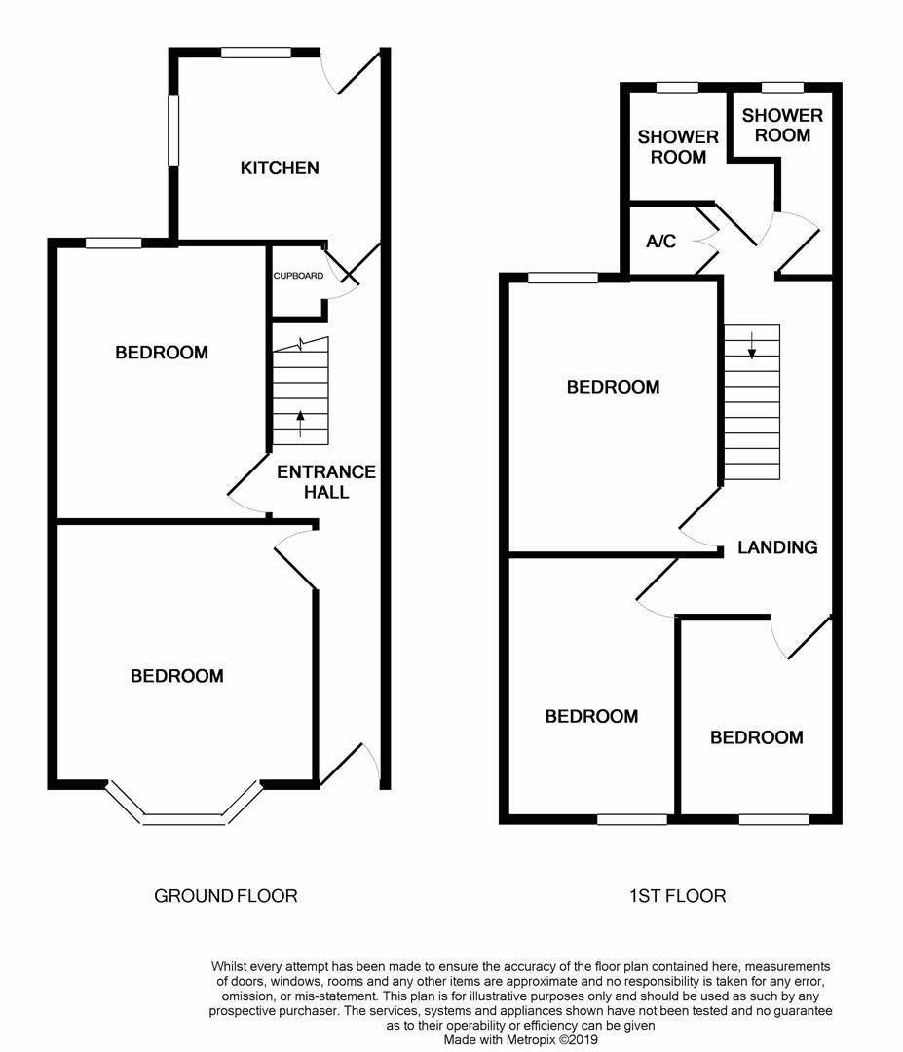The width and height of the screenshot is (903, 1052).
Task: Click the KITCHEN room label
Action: pos(280,168)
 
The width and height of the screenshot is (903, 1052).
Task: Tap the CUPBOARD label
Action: pos(298,276)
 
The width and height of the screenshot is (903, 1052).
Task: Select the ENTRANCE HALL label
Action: pos(326,482)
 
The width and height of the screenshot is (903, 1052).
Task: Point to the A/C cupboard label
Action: pos(660,242)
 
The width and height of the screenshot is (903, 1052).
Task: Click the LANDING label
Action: pos(777,547)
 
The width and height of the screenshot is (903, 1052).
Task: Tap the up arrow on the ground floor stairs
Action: pos(300,424)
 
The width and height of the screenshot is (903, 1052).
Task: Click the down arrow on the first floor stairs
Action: pos(752,345)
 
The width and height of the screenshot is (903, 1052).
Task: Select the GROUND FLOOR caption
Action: pos(225,896)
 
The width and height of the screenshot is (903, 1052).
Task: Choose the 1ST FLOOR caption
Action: pos(678,896)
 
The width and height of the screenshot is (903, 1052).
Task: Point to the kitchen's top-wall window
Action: pos(256,53)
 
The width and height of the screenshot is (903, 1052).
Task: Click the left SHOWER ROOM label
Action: pos(678,147)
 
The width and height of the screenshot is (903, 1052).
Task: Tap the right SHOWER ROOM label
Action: pos(782,126)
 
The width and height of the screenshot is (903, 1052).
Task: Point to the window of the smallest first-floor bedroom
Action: pos(773,819)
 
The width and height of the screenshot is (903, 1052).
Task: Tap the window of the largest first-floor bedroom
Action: pos(563,278)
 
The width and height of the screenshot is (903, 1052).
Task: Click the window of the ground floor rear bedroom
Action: pos(113,243)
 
